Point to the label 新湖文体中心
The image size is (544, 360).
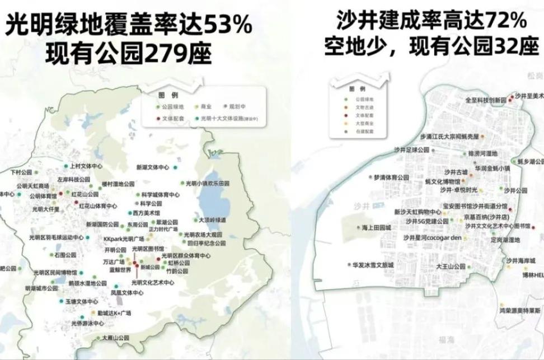[x=153, y=167]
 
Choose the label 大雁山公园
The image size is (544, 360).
[x=115, y=338]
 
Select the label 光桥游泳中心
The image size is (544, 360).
[x=87, y=324]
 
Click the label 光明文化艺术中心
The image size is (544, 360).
[x=152, y=283]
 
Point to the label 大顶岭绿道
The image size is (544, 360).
[x=213, y=220]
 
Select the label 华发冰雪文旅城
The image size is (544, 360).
[x=373, y=264]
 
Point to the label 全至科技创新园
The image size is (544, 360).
[x=485, y=100]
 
